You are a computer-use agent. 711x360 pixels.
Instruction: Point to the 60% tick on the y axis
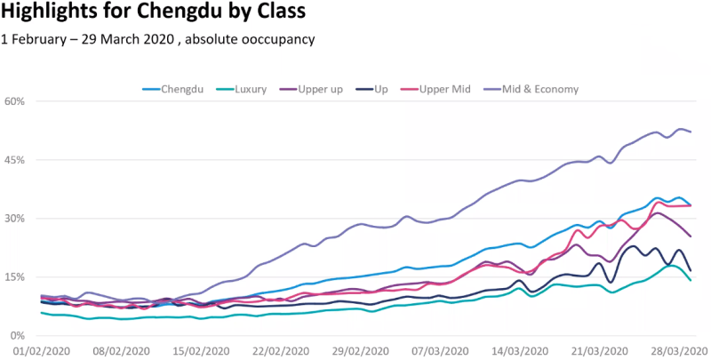pyautogui.click(x=15, y=101)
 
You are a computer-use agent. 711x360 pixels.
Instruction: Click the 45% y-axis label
pyautogui.click(x=15, y=160)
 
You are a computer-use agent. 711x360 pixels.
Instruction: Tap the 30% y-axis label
pyautogui.click(x=15, y=219)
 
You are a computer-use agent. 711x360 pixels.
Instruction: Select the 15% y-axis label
pyautogui.click(x=15, y=277)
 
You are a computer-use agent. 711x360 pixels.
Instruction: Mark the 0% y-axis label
pyautogui.click(x=18, y=336)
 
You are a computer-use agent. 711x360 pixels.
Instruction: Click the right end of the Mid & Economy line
pyautogui.click(x=691, y=132)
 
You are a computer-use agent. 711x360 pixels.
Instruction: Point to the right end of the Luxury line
pyautogui.click(x=691, y=280)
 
